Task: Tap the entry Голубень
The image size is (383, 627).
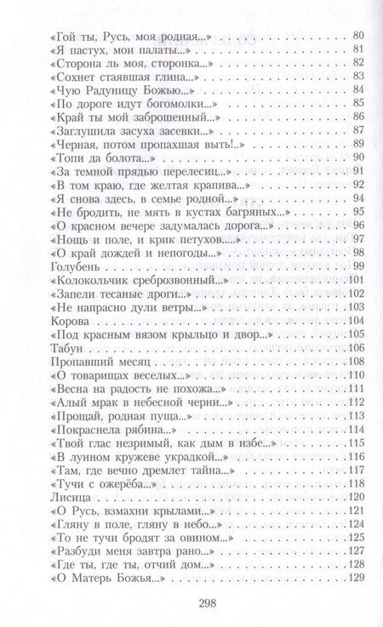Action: [66, 265]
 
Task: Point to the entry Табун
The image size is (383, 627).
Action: [58, 347]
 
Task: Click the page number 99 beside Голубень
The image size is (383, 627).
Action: [357, 265]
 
